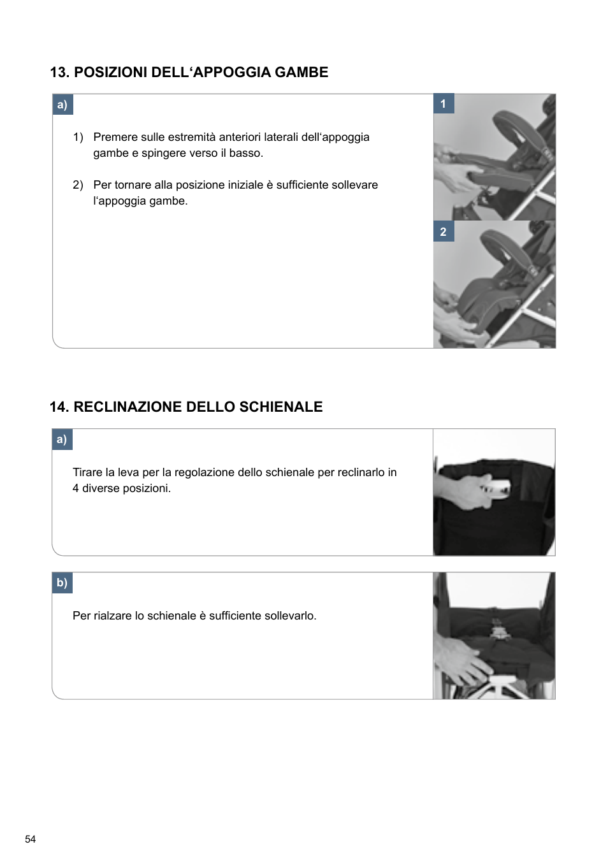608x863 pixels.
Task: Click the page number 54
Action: (x=30, y=839)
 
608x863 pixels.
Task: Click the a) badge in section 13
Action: (x=62, y=105)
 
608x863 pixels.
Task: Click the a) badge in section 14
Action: (x=62, y=439)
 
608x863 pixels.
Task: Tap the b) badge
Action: (x=62, y=583)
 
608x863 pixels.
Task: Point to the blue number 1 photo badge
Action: (x=444, y=104)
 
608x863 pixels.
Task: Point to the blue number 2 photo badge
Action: (x=444, y=232)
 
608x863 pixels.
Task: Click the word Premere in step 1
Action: (x=115, y=137)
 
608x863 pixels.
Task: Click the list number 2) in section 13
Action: (x=78, y=185)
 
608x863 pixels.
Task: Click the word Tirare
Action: (x=87, y=472)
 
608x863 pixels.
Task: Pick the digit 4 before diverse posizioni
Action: (x=76, y=488)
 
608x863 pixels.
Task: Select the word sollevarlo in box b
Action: (x=287, y=616)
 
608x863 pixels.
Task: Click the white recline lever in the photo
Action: (x=498, y=488)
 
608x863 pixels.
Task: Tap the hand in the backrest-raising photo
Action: (x=462, y=660)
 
